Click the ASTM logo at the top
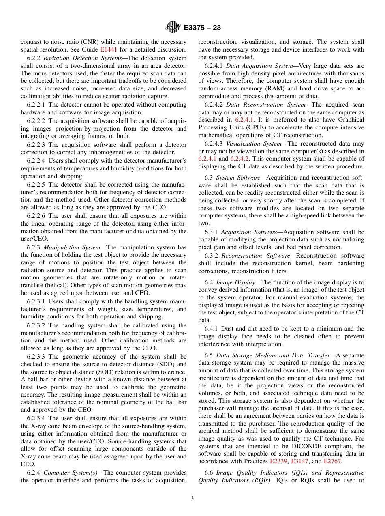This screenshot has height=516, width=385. [x=173, y=28]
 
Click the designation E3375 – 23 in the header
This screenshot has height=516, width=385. [x=202, y=28]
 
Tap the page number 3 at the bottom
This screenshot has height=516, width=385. [x=192, y=499]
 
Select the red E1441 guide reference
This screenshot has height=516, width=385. [x=108, y=50]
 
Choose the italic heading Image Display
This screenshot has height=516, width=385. [x=234, y=282]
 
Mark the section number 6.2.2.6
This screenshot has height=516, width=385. [x=36, y=216]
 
